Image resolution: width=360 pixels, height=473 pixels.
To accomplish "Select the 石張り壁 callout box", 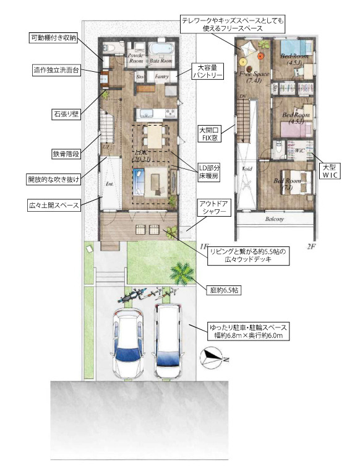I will [65, 114].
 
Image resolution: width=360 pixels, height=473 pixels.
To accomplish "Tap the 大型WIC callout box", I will [327, 171].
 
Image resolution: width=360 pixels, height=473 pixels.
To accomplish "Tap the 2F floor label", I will [311, 246].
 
